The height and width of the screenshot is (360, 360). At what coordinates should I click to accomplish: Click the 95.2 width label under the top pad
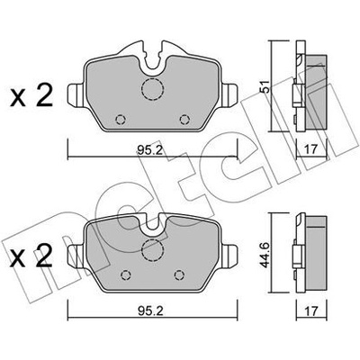[x=150, y=149]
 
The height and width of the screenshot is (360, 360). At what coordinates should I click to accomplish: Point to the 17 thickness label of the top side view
[x=310, y=149]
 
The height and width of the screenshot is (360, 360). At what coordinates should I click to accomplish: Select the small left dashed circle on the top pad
[x=121, y=120]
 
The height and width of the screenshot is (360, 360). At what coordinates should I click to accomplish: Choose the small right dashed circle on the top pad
[x=184, y=120]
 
